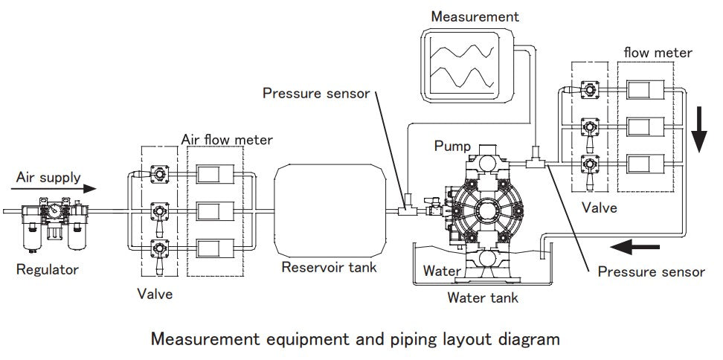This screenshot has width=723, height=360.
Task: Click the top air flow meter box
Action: [216, 176]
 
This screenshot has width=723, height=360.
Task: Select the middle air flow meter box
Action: [216, 213]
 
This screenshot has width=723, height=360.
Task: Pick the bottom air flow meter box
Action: [216, 248]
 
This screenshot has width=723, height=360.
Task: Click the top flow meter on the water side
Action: [646, 91]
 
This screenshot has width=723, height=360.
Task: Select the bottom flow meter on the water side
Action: [646, 163]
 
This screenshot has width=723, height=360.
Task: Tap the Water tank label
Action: [482, 298]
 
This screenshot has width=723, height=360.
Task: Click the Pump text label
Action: [452, 145]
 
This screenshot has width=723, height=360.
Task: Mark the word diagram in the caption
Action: [527, 340]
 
